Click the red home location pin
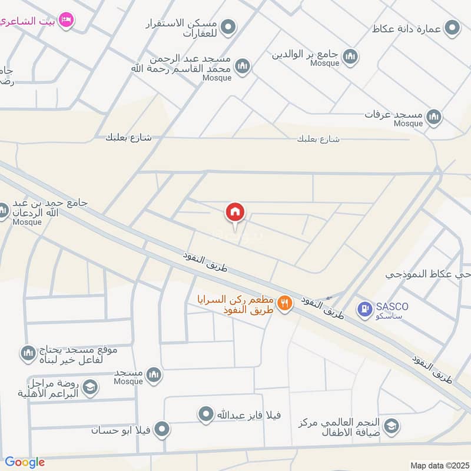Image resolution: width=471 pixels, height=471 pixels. (x=235, y=213)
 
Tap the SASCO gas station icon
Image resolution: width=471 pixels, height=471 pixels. (x=364, y=308)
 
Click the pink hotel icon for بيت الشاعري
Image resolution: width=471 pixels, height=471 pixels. (x=67, y=21)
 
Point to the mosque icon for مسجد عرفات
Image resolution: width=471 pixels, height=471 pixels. (x=434, y=116)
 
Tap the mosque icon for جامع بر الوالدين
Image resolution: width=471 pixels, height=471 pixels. (x=351, y=57)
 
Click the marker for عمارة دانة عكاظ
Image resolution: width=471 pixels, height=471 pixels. (x=452, y=28)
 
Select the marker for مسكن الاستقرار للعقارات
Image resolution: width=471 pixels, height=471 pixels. (x=229, y=27)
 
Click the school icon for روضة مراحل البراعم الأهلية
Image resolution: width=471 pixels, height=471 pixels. (x=90, y=387)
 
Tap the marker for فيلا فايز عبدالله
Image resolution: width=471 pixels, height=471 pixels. (x=205, y=415)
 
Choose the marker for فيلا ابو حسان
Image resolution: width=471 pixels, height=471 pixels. (x=162, y=429)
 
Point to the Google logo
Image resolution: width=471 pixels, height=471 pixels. (x=25, y=462)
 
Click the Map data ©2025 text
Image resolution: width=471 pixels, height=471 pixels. (x=439, y=465)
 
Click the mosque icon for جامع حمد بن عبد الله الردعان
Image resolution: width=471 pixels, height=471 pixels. (x=4, y=210)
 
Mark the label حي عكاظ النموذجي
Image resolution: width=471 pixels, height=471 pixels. (x=428, y=274)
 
